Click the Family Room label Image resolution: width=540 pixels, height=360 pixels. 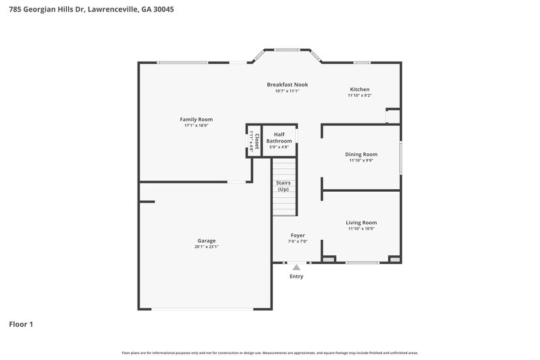(196, 120)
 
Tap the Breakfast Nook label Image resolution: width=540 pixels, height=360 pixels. (287, 84)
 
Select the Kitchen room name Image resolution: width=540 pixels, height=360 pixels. (359, 89)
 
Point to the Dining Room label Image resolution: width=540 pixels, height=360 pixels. (361, 154)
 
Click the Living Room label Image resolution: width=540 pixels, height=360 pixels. (361, 222)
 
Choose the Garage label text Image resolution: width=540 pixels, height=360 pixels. (207, 240)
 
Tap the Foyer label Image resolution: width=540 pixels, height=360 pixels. (298, 235)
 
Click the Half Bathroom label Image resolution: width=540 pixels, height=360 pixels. (279, 138)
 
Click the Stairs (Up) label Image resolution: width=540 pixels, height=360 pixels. (283, 186)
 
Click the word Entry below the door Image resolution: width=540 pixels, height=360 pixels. (296, 276)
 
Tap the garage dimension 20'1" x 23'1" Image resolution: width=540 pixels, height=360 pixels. (207, 247)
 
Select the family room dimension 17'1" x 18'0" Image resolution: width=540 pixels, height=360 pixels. (196, 126)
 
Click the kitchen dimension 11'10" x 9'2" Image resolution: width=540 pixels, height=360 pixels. (359, 95)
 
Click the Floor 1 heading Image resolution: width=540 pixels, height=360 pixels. (21, 324)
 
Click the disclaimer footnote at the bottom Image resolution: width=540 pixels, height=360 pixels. (270, 353)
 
